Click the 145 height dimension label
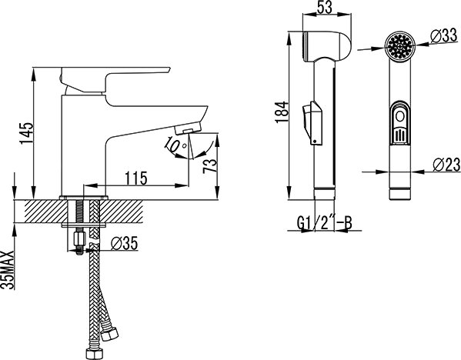pyautogui.click(x=27, y=133)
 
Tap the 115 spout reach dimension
pyautogui.click(x=135, y=178)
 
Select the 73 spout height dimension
pyautogui.click(x=210, y=167)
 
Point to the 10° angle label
pyautogui.click(x=175, y=145)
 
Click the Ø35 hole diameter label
pyautogui.click(x=125, y=243)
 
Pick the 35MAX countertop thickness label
pyautogui.click(x=8, y=270)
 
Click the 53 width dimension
pyautogui.click(x=325, y=8)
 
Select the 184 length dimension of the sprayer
pyautogui.click(x=282, y=112)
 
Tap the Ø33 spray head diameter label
pyautogui.click(x=444, y=36)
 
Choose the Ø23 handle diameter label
pyautogui.click(x=446, y=165)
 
